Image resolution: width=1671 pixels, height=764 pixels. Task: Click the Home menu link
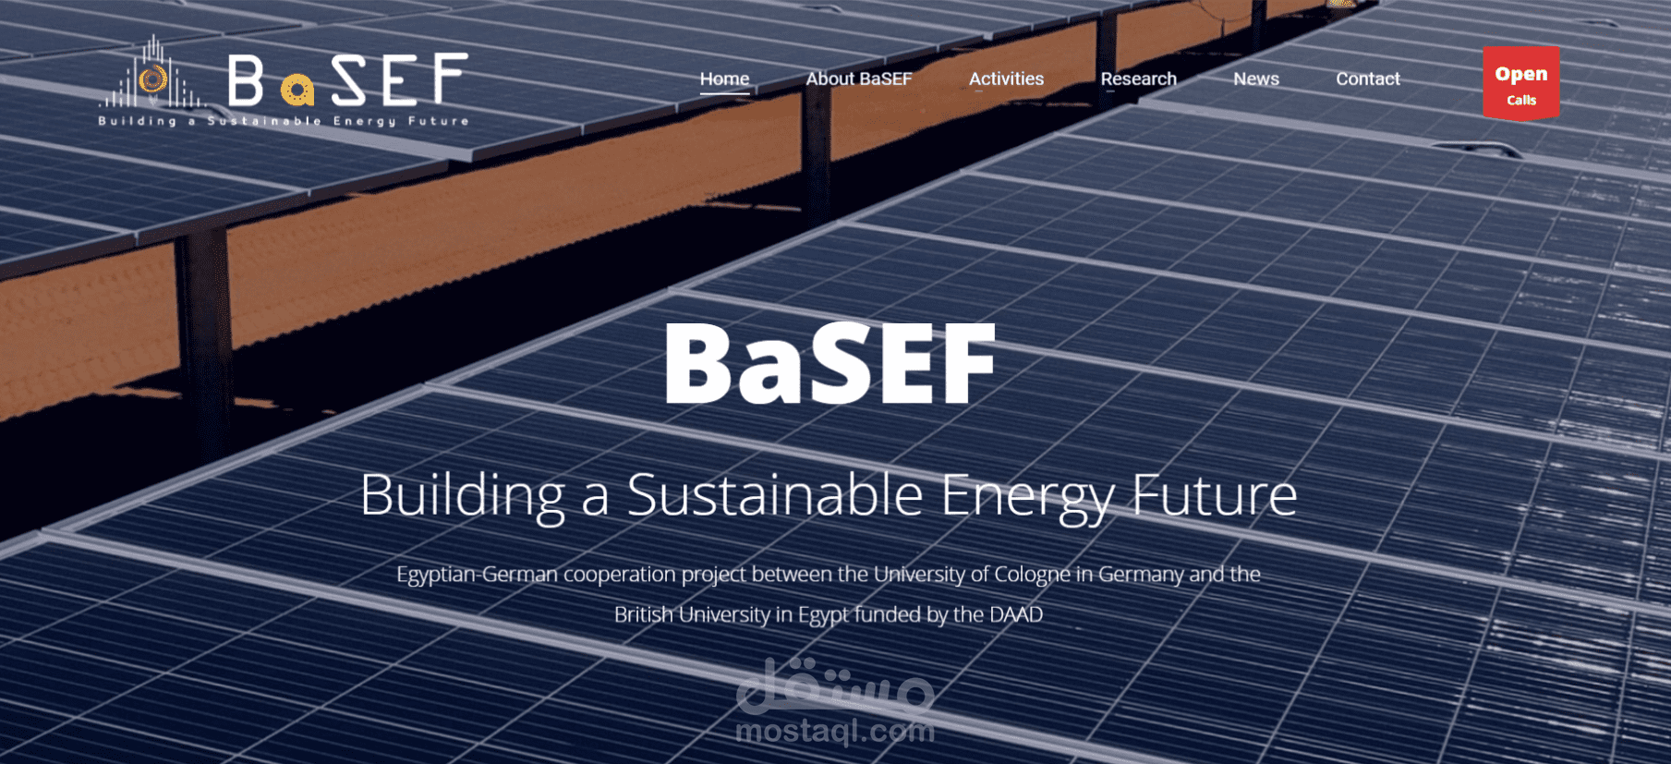pos(724,79)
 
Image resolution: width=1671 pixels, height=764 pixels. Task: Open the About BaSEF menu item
pos(859,79)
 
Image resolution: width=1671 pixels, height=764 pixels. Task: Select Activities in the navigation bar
pos(1006,79)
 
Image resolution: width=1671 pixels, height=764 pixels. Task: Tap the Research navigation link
pos(1138,79)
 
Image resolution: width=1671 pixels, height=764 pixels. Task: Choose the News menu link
pos(1256,79)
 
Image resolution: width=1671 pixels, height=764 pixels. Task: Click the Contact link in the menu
pos(1368,79)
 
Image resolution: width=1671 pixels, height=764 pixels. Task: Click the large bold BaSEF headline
pos(829,363)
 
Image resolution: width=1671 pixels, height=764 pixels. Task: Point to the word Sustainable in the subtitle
pos(775,494)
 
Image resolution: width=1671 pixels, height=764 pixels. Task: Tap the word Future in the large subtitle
pos(1215,494)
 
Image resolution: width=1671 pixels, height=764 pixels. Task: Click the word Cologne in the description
pos(1032,576)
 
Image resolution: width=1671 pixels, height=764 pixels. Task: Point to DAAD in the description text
pos(1016,614)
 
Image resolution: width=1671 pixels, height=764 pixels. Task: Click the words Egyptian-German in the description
pos(478,576)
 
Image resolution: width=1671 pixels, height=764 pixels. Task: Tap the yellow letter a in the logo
pos(297,90)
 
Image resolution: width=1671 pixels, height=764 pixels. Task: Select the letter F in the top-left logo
pos(451,79)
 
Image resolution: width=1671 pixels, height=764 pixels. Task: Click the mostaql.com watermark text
pos(835,732)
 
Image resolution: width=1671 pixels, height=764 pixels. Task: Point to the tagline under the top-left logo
pos(284,121)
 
